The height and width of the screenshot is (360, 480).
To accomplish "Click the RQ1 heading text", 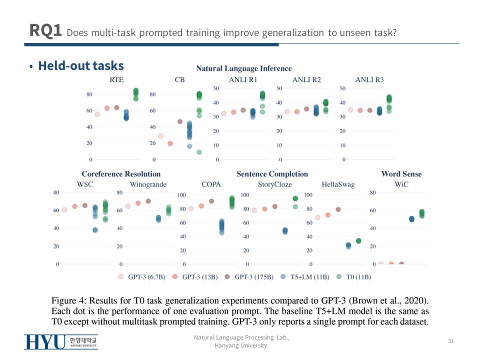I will coord(45,30).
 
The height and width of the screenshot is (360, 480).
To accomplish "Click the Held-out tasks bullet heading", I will coord(80,66).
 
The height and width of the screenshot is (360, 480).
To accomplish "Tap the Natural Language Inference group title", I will coord(243,68).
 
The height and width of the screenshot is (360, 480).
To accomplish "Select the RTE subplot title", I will coord(116,80).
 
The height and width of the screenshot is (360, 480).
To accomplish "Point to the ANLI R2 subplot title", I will coord(306,80).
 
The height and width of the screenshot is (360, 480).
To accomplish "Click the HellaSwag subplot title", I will coord(338,184).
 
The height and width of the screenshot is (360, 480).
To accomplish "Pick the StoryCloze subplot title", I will coord(274,184).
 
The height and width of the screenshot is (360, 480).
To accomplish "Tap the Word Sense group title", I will coord(401,174).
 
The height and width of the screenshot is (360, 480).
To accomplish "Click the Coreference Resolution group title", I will coord(121,174).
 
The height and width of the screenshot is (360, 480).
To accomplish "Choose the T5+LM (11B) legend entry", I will coord(309,276).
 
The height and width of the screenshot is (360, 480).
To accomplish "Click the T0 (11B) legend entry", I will coord(358,276).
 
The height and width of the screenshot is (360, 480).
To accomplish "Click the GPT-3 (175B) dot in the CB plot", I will coord(180,121).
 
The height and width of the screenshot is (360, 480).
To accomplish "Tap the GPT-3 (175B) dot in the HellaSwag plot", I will coord(338,209).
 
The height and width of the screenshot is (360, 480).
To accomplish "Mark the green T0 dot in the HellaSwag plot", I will coord(358,241).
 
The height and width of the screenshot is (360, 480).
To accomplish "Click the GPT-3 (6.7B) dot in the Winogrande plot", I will coord(127,206).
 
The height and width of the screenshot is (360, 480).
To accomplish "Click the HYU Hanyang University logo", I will coord(60,342).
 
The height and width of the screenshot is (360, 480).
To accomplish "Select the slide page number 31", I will coord(450,341).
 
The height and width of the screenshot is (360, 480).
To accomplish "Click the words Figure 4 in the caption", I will coord(68,300).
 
